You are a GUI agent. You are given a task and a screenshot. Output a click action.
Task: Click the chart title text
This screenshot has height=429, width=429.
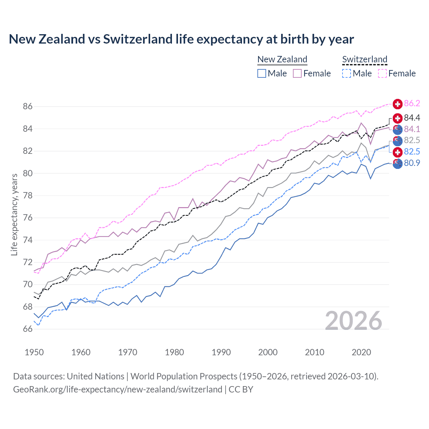click(181, 39)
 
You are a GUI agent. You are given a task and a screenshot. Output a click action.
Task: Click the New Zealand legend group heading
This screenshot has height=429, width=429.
click(282, 59)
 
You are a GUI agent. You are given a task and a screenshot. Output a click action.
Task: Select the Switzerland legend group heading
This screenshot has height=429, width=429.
click(365, 59)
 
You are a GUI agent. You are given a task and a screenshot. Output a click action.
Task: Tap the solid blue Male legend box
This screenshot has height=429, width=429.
click(262, 73)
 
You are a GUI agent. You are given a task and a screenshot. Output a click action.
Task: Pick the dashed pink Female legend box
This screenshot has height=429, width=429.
click(382, 73)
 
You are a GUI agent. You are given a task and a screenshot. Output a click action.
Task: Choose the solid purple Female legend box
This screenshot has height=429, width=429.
click(297, 73)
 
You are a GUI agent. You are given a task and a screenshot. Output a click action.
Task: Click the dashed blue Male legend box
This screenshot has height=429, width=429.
click(347, 73)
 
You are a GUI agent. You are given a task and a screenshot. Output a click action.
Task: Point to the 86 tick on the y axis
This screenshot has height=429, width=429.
click(28, 107)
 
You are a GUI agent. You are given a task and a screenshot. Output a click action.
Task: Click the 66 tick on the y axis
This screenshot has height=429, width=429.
click(28, 329)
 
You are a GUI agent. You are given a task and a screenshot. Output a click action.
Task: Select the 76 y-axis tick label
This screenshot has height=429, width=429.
click(28, 218)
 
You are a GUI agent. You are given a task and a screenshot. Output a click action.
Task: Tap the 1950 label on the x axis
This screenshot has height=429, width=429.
click(34, 352)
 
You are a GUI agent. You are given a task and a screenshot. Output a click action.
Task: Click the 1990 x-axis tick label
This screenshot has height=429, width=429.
click(221, 352)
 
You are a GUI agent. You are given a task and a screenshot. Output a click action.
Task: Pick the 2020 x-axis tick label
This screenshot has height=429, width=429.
click(361, 352)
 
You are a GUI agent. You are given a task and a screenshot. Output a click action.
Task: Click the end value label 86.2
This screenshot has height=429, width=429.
click(412, 103)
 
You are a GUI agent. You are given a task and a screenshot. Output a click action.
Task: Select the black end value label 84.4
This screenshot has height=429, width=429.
click(412, 118)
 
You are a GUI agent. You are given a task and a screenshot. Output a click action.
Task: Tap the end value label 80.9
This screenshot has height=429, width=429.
click(412, 163)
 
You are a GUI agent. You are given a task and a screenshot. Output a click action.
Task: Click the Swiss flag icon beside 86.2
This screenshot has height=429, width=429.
click(397, 104)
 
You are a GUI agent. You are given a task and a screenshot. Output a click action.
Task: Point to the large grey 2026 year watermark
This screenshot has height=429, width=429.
click(353, 321)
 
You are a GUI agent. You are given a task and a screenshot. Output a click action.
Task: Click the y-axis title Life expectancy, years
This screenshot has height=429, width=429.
click(14, 214)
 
